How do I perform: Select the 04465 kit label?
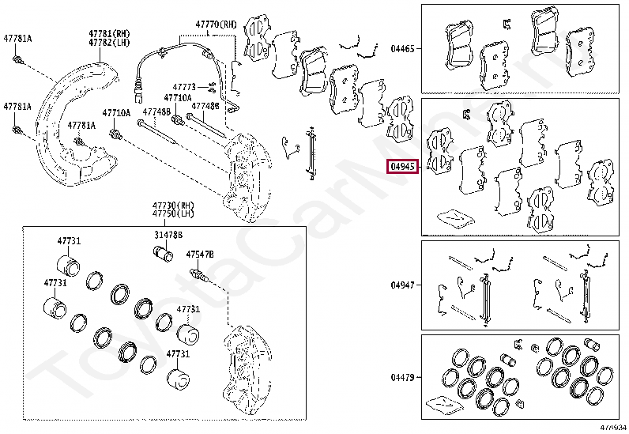coord(401,48)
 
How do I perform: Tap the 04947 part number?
coord(401,285)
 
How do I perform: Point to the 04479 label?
coord(401,377)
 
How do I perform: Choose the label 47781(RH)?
coord(108,34)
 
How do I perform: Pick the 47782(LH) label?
coord(108,43)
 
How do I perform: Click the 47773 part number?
coord(184,87)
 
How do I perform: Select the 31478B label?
coord(168,235)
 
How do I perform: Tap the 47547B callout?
coord(200,255)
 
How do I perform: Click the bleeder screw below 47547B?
coord(198,275)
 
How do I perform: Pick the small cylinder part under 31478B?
coord(162,255)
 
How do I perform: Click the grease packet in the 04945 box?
coord(454,216)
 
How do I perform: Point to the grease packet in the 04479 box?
coord(444,403)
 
